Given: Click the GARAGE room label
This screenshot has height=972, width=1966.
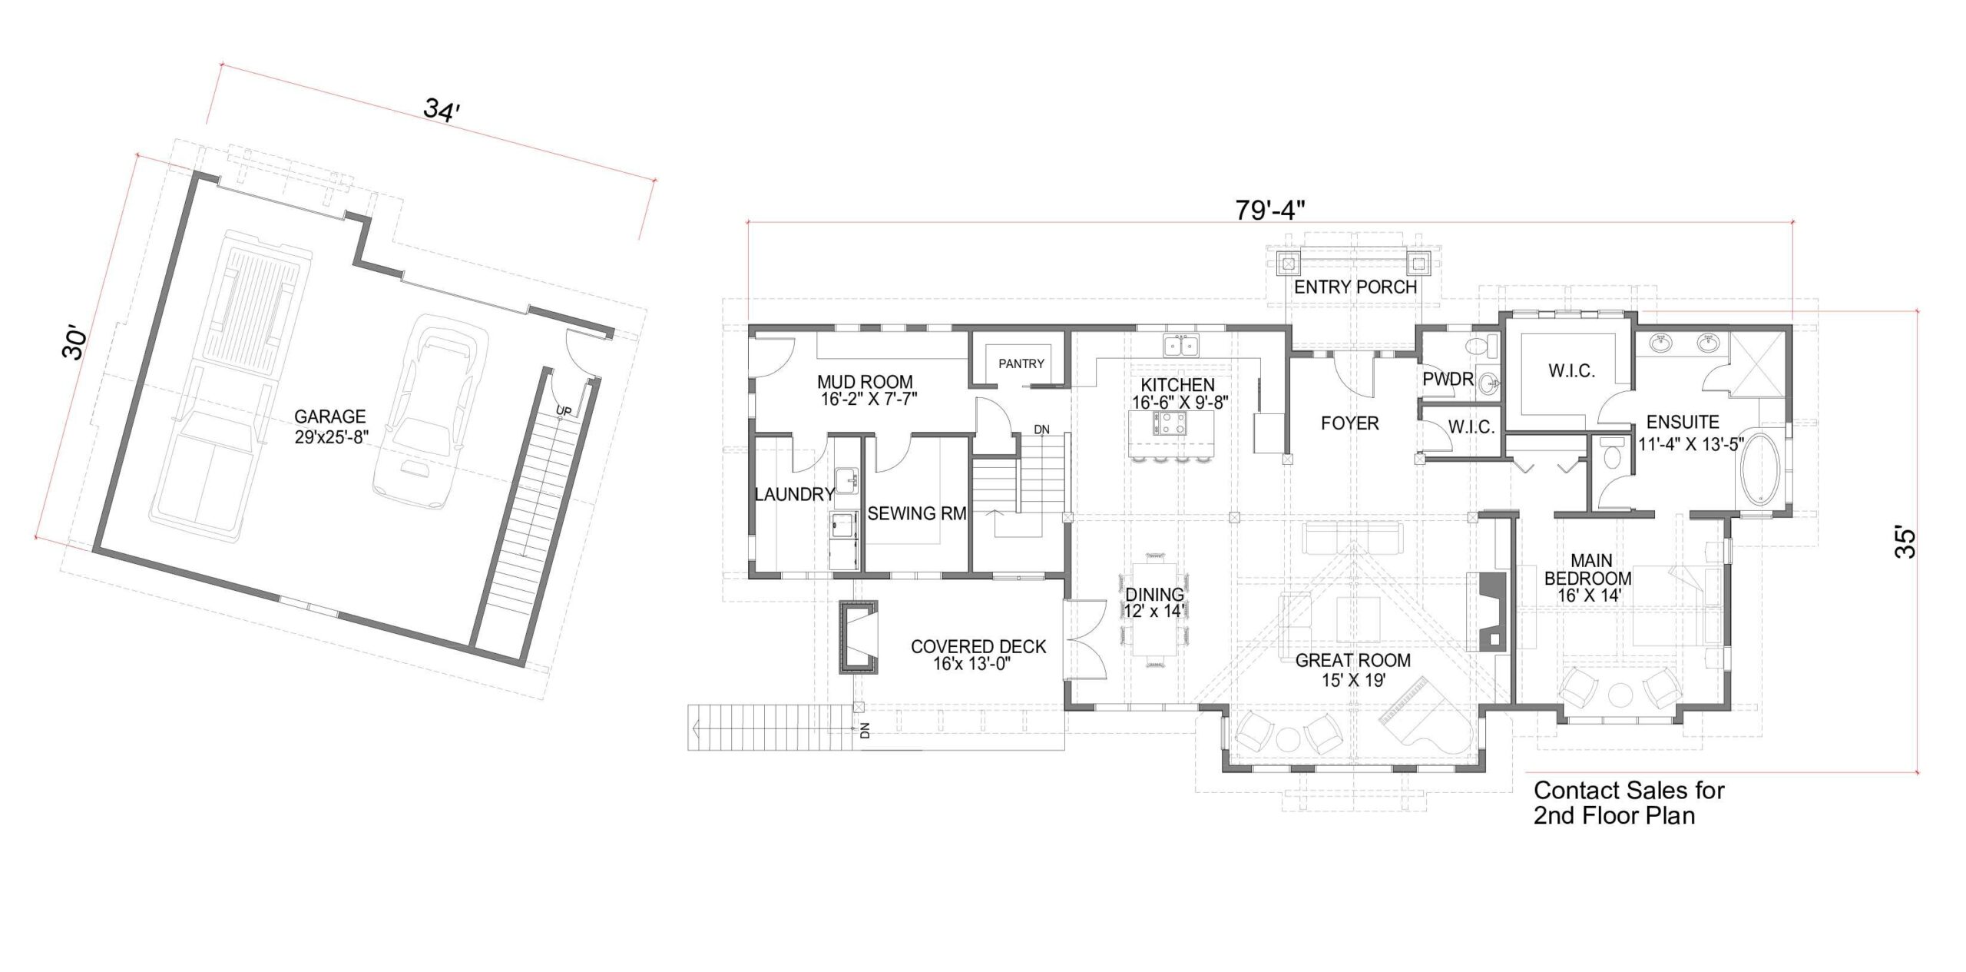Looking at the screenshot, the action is click(x=330, y=416).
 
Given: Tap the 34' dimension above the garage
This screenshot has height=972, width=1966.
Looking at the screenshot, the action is click(x=442, y=108).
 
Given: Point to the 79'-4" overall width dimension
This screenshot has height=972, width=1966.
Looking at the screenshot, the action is click(x=1271, y=210).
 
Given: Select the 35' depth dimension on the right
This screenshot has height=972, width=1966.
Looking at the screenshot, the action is click(x=1905, y=542).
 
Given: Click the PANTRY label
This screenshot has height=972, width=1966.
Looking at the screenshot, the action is click(x=1021, y=363).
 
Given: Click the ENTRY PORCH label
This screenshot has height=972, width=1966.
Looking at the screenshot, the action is click(x=1355, y=287).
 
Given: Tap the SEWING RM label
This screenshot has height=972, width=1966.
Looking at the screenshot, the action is click(x=917, y=513).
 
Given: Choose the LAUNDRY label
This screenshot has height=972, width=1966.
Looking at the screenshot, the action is click(x=794, y=494).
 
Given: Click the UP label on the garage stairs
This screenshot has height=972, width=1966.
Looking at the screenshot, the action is click(x=564, y=411).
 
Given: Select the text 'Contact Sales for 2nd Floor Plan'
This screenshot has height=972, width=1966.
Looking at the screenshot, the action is click(x=1629, y=802).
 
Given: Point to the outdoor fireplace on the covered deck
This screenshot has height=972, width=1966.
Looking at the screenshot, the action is click(x=859, y=637).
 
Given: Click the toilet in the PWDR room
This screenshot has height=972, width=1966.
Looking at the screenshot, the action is click(x=1478, y=345).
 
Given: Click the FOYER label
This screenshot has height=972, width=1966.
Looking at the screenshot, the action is click(x=1349, y=423).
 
